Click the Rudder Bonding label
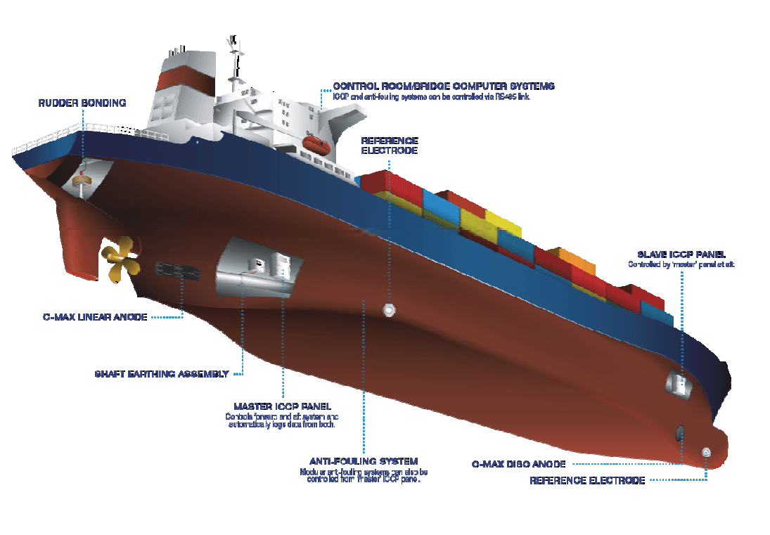pyautogui.click(x=82, y=103)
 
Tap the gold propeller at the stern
pyautogui.click(x=120, y=260)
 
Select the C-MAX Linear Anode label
pyautogui.click(x=95, y=317)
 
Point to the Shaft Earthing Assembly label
pyautogui.click(x=162, y=374)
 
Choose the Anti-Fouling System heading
pyautogui.click(x=364, y=461)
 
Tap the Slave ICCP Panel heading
pyautogui.click(x=681, y=254)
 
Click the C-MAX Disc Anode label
pyautogui.click(x=518, y=464)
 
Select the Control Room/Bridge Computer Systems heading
pyautogui.click(x=444, y=86)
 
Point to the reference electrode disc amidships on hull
pyautogui.click(x=387, y=309)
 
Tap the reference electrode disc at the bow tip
pyautogui.click(x=706, y=452)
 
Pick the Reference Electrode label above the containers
pyautogui.click(x=390, y=146)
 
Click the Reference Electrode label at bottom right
pyautogui.click(x=586, y=481)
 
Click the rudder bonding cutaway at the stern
pyautogui.click(x=83, y=181)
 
